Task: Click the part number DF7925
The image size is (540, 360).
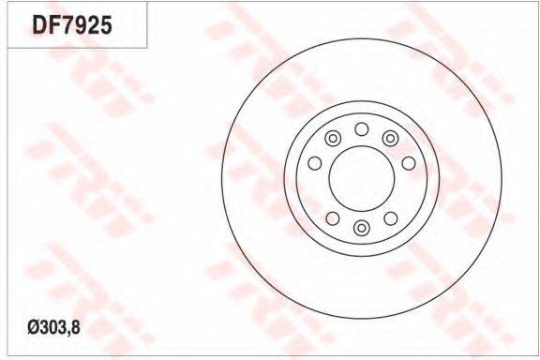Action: (x=72, y=25)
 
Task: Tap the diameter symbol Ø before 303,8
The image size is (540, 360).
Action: (x=34, y=327)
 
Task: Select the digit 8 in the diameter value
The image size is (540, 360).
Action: (x=76, y=327)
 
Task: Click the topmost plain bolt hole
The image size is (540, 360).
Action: (x=362, y=129)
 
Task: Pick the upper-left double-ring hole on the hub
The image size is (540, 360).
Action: (x=333, y=139)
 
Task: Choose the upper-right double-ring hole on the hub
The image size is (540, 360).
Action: (x=390, y=139)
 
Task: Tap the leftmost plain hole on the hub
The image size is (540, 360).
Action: (x=314, y=163)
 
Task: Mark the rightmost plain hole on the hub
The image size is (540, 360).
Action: (x=409, y=163)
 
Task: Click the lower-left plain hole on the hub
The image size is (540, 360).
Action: (x=333, y=218)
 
